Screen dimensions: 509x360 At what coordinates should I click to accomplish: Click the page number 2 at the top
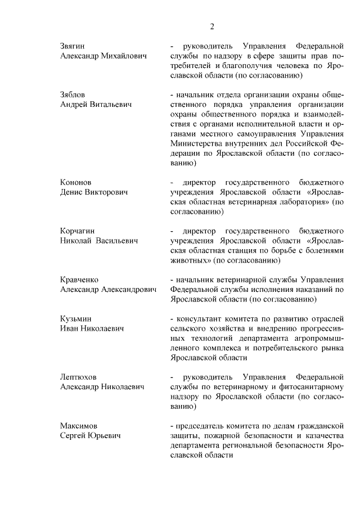(212, 26)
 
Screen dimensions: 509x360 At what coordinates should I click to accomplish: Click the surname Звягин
(75, 44)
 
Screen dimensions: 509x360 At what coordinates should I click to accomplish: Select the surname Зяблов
(74, 93)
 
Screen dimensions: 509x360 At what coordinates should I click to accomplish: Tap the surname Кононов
(76, 182)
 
